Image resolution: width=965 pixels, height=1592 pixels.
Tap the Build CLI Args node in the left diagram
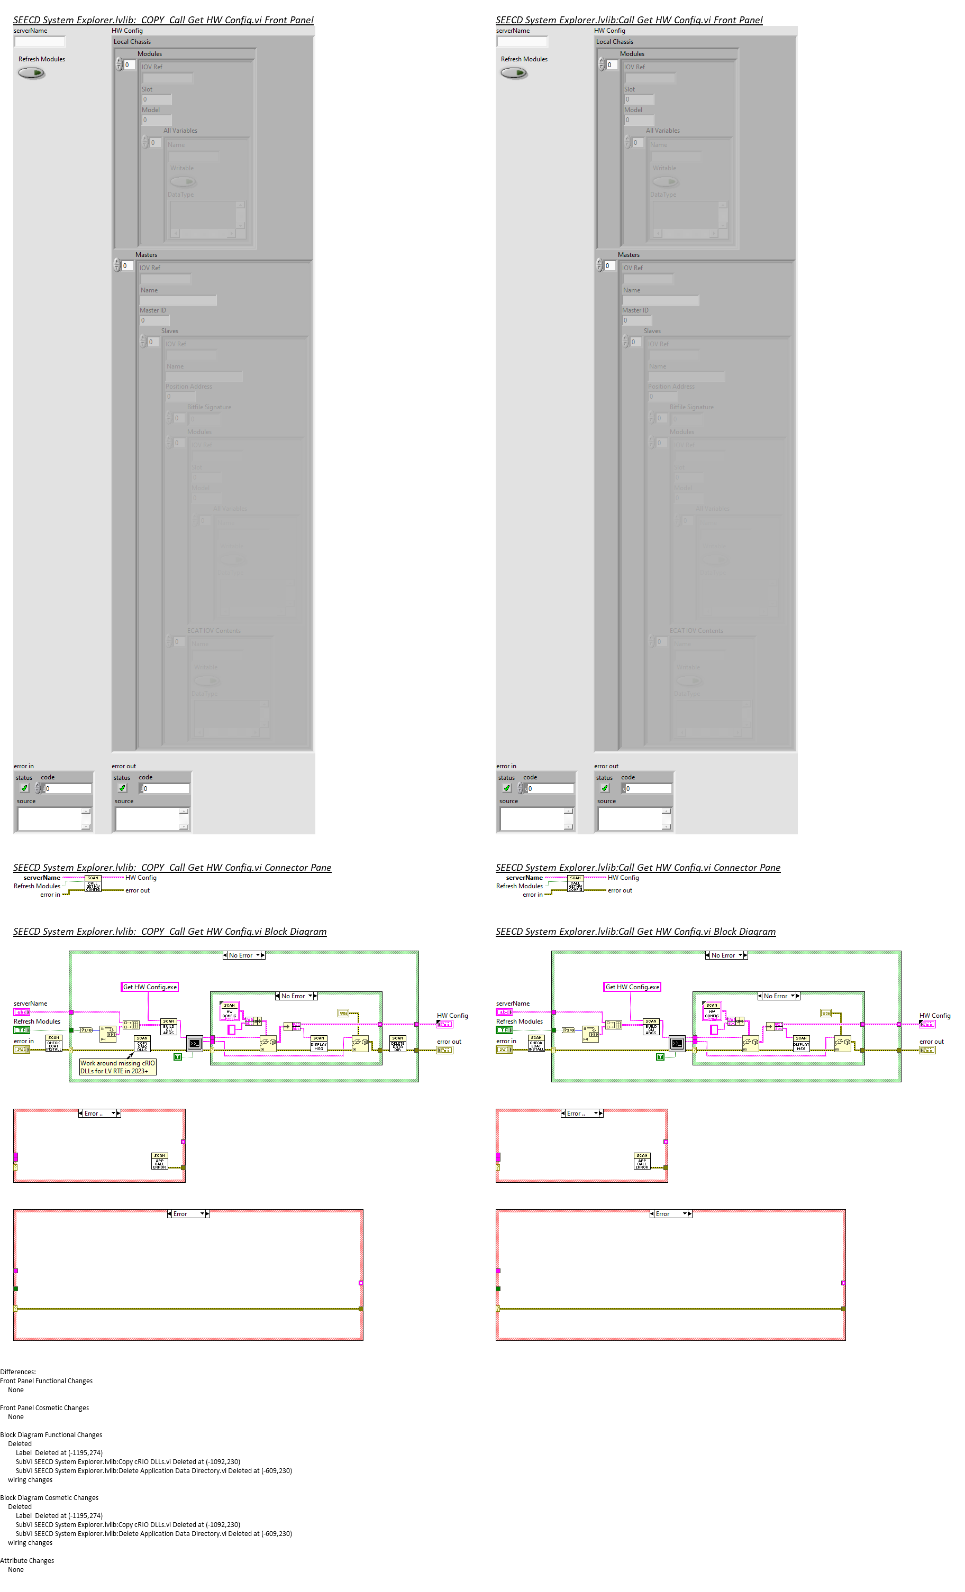[169, 1027]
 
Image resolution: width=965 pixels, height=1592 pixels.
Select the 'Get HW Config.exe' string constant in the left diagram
[150, 987]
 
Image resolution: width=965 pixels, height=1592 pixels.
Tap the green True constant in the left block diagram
[178, 1056]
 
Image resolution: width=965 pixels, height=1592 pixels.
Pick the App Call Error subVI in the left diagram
[160, 1161]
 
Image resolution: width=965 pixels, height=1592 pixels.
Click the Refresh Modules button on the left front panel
[31, 73]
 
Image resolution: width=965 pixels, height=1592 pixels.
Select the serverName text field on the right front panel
[522, 42]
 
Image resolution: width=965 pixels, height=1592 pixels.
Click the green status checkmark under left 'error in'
[24, 788]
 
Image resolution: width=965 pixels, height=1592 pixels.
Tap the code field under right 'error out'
[647, 789]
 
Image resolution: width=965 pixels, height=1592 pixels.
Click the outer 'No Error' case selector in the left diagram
[244, 955]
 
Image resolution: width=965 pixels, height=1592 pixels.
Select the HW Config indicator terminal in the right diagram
[927, 1024]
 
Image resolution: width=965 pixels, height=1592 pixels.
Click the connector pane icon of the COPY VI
[93, 883]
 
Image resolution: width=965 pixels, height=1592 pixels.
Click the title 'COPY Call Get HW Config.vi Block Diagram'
[170, 932]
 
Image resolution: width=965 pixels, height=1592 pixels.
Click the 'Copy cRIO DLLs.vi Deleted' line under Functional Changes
[128, 1461]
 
